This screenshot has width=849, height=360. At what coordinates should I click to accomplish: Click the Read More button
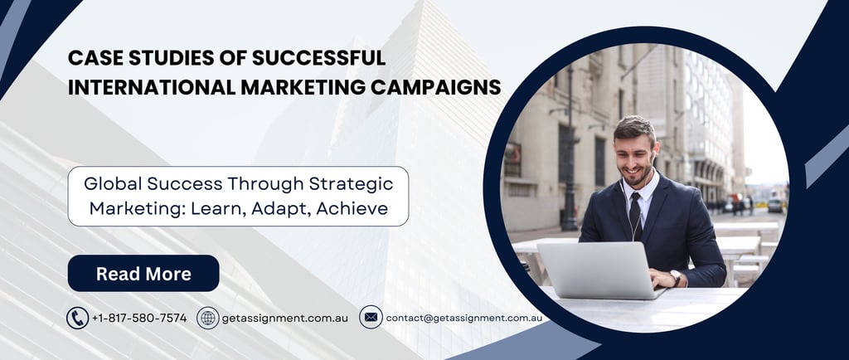coord(143,274)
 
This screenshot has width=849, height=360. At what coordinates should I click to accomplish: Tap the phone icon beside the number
coord(77,318)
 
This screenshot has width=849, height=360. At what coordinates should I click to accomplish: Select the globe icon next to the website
coord(208,318)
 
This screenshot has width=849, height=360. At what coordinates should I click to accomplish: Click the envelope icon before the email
coord(371,318)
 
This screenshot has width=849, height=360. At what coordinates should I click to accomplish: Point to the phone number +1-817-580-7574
coord(139,319)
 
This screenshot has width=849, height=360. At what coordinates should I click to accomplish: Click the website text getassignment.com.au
coord(285,319)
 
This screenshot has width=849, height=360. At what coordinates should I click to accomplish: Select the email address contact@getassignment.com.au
coord(464,319)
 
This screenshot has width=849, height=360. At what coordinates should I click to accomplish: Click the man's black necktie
coord(636,216)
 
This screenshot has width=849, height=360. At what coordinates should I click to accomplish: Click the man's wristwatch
coord(676,279)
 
